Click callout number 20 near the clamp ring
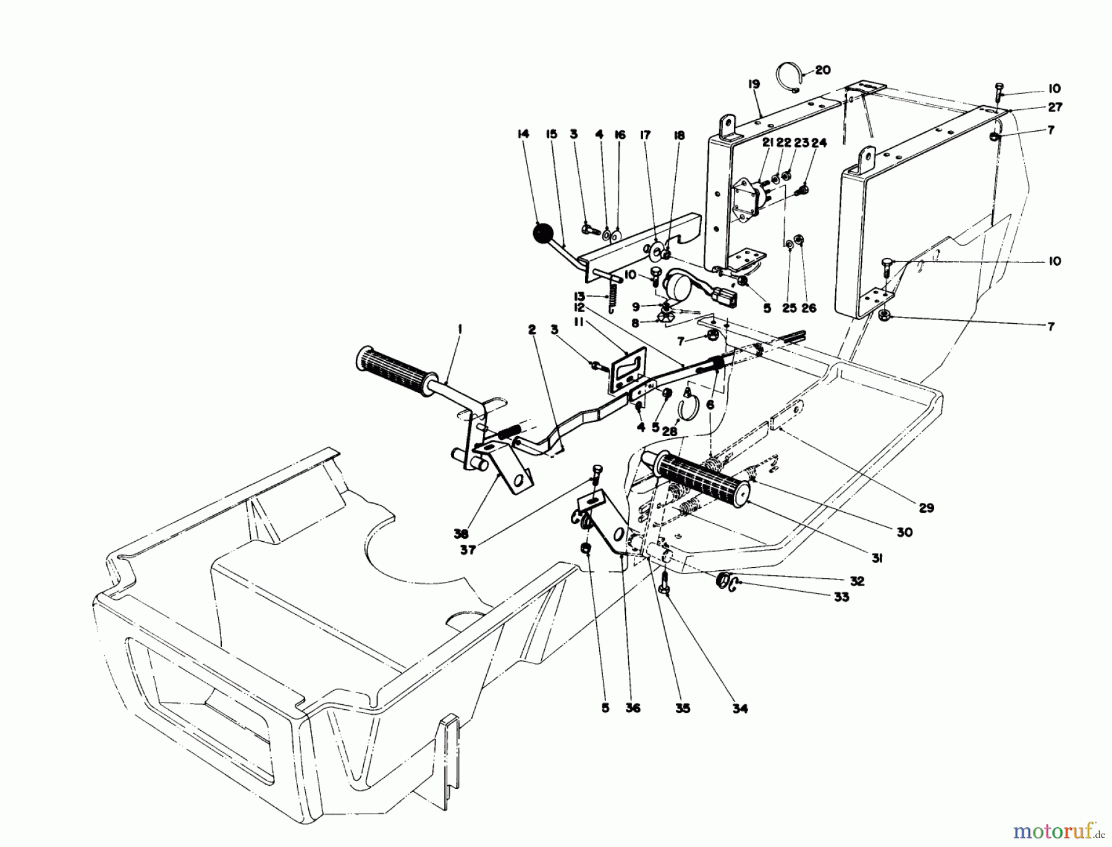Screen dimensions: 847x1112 tap(823, 70)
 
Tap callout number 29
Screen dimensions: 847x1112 tap(925, 508)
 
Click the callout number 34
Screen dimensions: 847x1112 tap(739, 709)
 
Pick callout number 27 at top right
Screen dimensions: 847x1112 tap(1055, 107)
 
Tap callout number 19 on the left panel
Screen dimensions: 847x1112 tap(753, 85)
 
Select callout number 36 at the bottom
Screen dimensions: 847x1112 tap(632, 709)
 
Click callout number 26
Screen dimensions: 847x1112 tap(809, 308)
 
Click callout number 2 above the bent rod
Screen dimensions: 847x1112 tap(532, 330)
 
